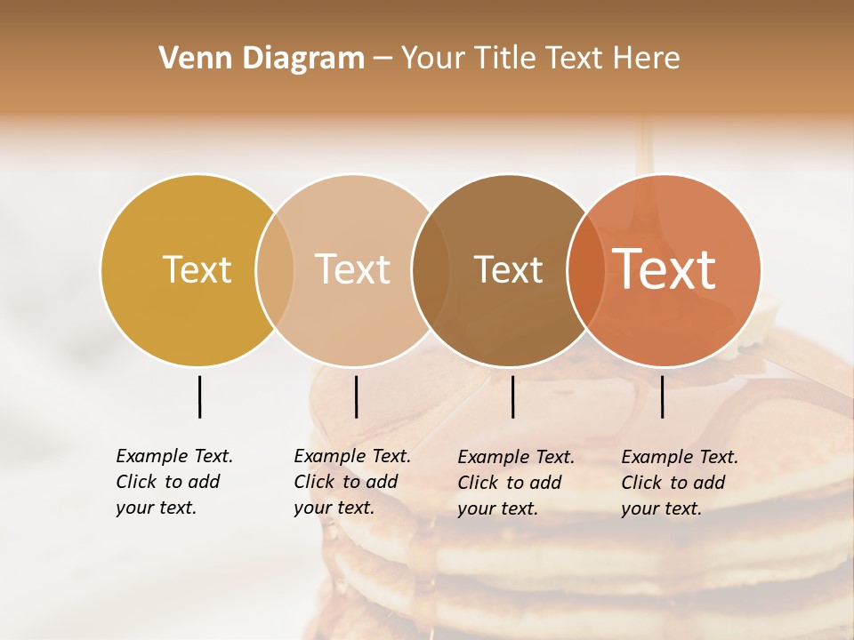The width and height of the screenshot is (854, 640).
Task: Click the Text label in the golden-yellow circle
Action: [x=197, y=270]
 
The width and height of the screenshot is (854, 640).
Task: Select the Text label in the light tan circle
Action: [x=353, y=270]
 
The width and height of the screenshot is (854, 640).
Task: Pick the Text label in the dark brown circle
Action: [x=508, y=270]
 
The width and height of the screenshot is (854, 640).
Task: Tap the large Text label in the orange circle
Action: [x=665, y=270]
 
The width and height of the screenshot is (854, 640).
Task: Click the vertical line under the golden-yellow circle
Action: [x=199, y=396]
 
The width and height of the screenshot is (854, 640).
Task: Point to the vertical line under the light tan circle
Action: [x=356, y=396]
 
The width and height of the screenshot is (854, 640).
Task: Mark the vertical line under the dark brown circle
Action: [x=513, y=396]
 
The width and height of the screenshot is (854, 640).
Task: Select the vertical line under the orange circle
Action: [x=663, y=396]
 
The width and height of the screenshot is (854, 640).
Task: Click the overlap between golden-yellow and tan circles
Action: [x=275, y=270]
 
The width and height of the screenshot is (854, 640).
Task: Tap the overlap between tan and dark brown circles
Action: [x=431, y=270]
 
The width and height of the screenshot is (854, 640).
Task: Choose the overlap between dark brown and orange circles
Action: [x=586, y=270]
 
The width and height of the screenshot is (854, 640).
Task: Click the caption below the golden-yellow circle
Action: [x=174, y=482]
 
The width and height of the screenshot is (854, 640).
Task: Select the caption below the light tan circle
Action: [x=352, y=482]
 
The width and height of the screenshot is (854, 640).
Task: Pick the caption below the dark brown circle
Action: [x=516, y=483]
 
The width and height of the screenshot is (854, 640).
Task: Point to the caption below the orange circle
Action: [x=680, y=483]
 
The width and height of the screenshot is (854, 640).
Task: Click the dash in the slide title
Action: [x=383, y=60]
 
